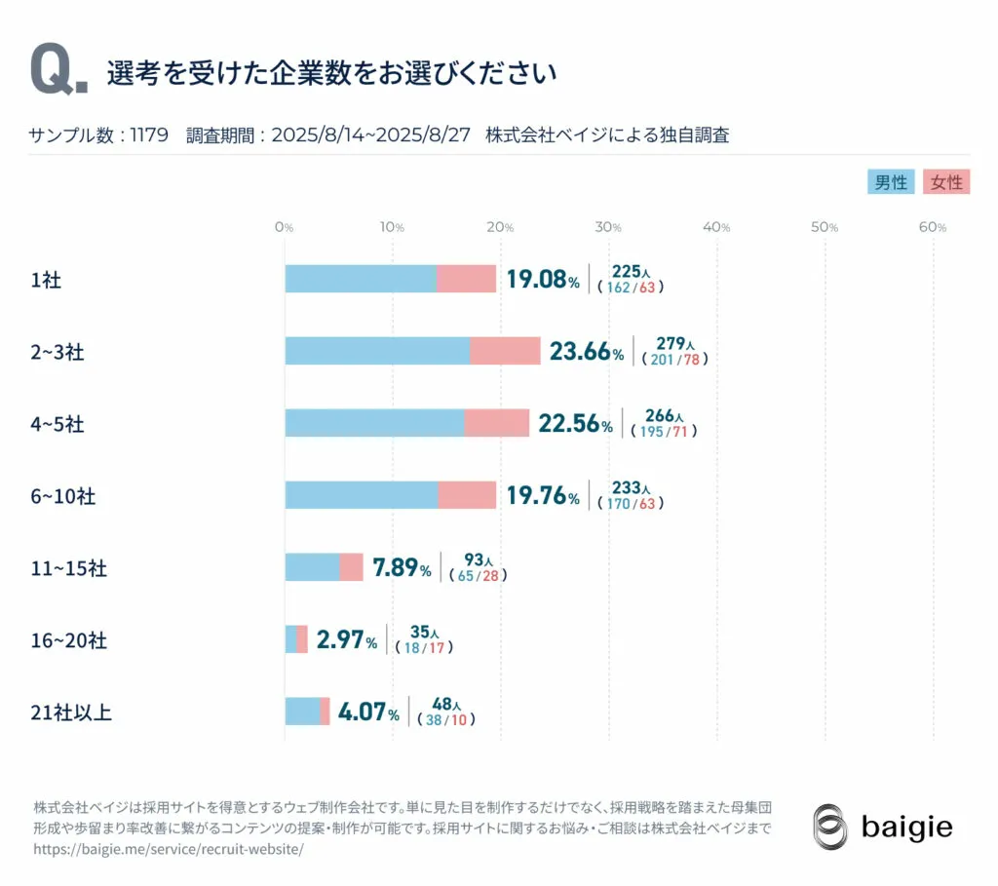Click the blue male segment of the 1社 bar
361,279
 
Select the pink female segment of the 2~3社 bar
505,351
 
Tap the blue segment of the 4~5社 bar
374,423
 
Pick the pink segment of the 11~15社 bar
351,567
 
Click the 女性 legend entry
945,182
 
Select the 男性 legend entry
891,182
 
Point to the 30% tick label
608,227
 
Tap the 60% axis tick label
933,227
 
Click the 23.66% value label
586,352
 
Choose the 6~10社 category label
63,496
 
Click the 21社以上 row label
71,713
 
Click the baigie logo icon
830,828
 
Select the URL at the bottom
169,849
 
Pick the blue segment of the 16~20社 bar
290,639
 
